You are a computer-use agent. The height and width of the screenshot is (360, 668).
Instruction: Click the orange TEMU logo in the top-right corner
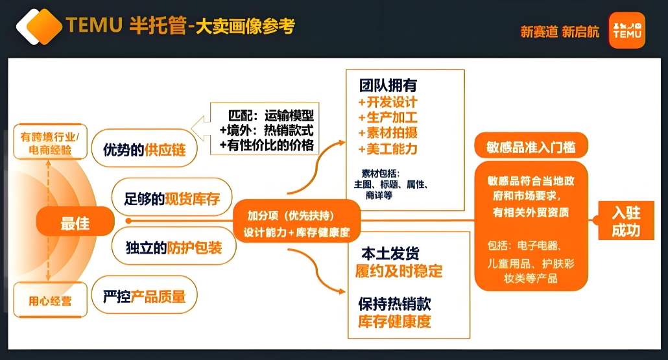(626, 30)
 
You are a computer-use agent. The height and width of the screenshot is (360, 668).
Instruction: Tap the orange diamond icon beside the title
(39, 27)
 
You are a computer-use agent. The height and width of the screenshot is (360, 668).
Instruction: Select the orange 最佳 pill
(75, 222)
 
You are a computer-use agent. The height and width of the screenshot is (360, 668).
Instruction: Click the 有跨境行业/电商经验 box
(51, 142)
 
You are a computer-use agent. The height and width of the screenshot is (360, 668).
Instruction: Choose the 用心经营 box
(51, 300)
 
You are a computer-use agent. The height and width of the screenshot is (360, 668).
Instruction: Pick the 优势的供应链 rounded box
(145, 149)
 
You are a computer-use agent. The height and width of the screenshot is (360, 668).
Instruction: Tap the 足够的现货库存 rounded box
(172, 198)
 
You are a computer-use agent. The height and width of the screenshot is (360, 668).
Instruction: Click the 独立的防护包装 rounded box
(174, 246)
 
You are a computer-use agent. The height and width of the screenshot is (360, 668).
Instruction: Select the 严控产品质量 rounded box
(145, 295)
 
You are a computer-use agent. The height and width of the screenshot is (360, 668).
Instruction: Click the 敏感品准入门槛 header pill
(531, 146)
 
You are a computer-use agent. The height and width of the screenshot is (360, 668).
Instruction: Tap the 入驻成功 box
(626, 221)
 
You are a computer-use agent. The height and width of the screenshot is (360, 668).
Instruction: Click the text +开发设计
(388, 102)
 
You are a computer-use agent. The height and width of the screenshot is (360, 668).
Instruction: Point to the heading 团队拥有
(388, 86)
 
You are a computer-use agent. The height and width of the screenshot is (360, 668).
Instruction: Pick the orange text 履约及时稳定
(399, 271)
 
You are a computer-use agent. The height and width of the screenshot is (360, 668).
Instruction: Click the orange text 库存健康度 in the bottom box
(394, 321)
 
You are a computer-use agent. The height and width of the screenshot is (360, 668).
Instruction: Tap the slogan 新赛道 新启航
(560, 32)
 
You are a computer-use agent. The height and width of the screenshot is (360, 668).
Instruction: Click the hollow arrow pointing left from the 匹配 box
(200, 128)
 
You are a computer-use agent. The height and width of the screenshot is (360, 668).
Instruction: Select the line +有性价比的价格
(267, 145)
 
